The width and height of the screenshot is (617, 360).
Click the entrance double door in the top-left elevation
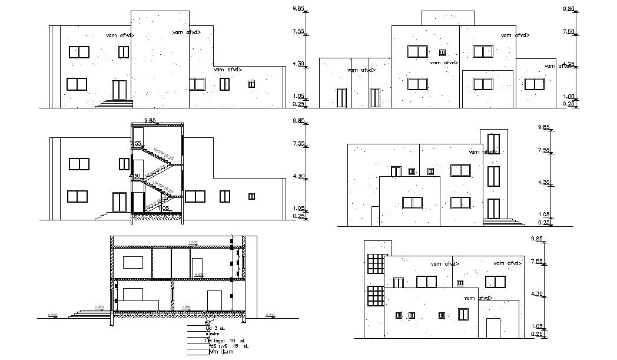coord(120,90)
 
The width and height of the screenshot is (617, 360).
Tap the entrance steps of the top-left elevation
coord(116,104)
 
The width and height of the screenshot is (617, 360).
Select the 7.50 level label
coord(568,32)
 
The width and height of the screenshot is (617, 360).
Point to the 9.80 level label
coord(568,9)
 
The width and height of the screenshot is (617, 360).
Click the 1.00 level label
coord(568,97)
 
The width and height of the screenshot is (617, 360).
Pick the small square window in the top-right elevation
coord(443,52)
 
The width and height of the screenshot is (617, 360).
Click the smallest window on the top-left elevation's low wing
coord(251,84)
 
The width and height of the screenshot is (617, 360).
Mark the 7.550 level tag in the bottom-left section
coord(193,242)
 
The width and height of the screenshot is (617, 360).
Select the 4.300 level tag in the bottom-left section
coord(199,275)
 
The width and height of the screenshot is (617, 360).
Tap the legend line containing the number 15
coord(225,346)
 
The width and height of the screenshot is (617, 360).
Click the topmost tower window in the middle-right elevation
coord(493,143)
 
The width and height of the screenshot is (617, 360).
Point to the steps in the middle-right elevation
coord(503,222)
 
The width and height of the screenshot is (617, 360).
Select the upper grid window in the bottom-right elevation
coord(375,263)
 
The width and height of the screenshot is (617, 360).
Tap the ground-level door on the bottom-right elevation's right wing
coord(493,328)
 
